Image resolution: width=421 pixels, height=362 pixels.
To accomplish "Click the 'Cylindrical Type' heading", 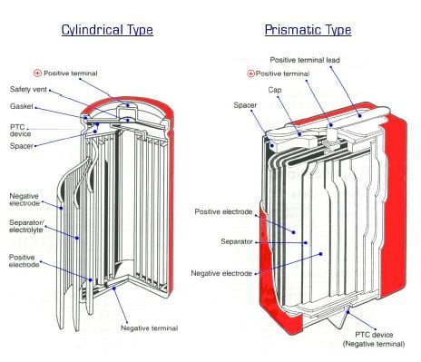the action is [107, 30].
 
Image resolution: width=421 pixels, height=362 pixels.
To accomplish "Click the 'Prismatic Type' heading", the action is [308, 30].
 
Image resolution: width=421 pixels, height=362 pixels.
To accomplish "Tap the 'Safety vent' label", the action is [28, 90].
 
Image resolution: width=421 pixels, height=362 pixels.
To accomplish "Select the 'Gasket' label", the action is [22, 106].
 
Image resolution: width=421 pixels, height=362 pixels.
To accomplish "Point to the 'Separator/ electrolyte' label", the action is [26, 226].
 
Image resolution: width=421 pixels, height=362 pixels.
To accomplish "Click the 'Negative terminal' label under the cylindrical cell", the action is [150, 328].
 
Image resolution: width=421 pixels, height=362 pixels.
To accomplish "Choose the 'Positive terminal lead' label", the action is [305, 60].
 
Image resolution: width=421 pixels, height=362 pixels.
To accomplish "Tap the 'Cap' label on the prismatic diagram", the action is [275, 90].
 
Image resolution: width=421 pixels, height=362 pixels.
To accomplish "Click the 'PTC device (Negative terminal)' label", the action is [374, 339].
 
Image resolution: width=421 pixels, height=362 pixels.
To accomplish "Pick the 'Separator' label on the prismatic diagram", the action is [237, 241].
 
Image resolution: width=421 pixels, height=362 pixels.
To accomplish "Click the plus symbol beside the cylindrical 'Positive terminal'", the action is [37, 73].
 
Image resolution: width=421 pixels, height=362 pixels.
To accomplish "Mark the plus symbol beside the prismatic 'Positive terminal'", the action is [250, 73].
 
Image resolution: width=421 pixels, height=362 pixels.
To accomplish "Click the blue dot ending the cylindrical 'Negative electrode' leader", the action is [61, 208].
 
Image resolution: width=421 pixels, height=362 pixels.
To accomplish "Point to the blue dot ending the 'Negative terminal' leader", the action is [114, 289].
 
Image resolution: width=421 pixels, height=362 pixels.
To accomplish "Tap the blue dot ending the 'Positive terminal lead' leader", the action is [360, 115].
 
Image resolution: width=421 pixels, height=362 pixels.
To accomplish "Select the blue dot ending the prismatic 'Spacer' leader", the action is [272, 145].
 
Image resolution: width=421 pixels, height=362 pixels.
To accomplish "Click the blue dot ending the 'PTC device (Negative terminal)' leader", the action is [348, 312].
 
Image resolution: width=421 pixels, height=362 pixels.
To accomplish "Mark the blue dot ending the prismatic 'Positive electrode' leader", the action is [293, 232].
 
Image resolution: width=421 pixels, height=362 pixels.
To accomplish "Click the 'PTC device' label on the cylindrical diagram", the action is [21, 131].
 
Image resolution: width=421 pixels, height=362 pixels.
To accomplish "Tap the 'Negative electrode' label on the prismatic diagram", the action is [221, 273].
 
